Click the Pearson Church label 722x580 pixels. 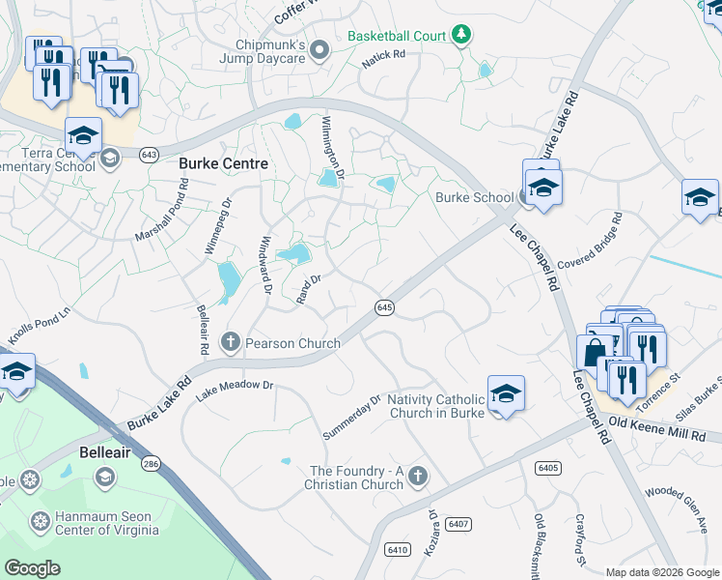293,343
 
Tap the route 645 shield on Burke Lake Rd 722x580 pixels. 384,307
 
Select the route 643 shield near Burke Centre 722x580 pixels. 148,155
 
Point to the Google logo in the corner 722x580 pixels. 32,568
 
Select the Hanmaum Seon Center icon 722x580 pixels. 41,522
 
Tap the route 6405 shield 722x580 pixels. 547,468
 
